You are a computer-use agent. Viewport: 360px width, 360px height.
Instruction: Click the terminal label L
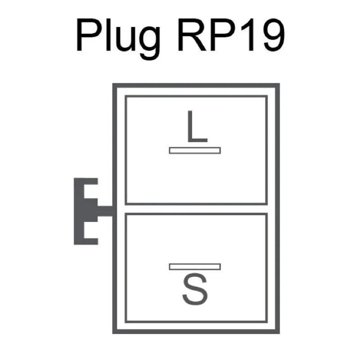click(x=196, y=128)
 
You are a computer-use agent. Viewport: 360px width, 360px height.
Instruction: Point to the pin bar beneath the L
click(x=195, y=150)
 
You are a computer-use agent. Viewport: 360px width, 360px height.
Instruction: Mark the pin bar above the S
click(x=195, y=266)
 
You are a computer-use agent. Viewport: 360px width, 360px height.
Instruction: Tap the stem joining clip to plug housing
click(x=105, y=211)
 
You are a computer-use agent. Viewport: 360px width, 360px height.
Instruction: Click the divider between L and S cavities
click(x=196, y=209)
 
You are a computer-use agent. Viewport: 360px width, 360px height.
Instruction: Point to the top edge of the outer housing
click(x=196, y=85)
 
